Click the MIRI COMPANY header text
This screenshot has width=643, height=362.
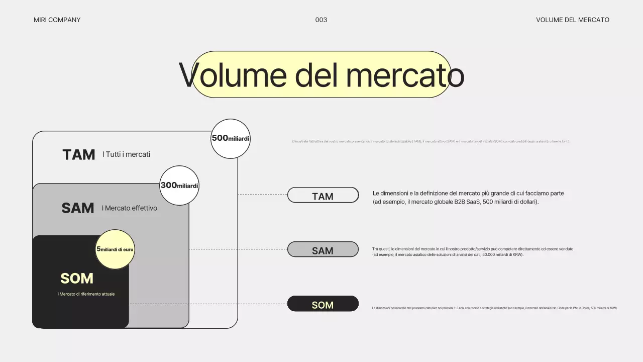point(57,20)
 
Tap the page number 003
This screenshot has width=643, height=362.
point(321,20)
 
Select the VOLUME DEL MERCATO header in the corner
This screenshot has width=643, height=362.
point(572,20)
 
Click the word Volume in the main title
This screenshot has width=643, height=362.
point(233,75)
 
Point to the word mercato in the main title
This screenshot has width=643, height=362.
point(404,75)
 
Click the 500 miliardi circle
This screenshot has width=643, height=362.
point(231,138)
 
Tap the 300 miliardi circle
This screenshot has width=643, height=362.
point(179,186)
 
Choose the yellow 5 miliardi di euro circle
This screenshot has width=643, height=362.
point(115,249)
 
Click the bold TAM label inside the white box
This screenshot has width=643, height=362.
point(79,155)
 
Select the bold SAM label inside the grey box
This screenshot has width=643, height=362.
point(78,208)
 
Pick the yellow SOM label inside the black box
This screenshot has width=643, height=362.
point(77,279)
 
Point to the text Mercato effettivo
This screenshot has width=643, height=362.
point(130,208)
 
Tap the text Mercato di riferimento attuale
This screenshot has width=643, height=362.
point(86,294)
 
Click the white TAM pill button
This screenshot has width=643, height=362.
point(323,196)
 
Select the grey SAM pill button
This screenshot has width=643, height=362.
point(323,250)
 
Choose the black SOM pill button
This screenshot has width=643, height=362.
point(323,304)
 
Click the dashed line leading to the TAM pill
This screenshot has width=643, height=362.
point(262,195)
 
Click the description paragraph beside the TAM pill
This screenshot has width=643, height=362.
point(468,197)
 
